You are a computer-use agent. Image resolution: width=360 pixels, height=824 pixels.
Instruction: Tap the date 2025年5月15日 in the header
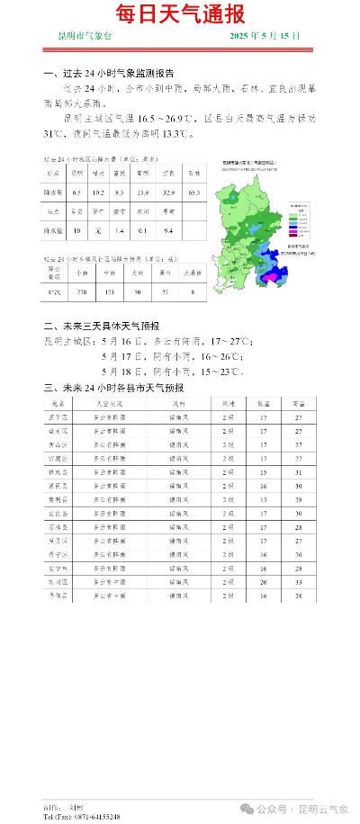point(265,35)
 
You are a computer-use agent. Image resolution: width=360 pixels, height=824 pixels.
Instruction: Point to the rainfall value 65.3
point(194,193)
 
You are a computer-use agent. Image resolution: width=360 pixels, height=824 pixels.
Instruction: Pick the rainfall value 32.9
point(167,193)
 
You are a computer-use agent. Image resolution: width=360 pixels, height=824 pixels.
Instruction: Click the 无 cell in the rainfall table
point(97,230)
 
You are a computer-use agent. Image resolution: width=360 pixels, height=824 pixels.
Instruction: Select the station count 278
point(81,293)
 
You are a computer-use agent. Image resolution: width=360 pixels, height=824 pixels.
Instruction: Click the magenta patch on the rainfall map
point(267,278)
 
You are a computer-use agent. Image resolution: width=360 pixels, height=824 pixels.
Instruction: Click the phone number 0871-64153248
point(94,817)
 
